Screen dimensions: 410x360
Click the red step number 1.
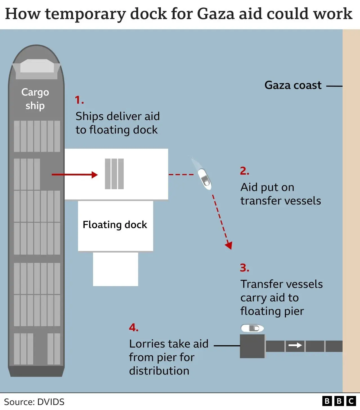[x=79, y=100]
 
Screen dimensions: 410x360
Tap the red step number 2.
[x=244, y=171]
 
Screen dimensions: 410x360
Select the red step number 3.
[x=244, y=268]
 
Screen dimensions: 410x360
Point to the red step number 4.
[x=134, y=328]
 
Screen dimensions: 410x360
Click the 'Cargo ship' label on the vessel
[x=35, y=99]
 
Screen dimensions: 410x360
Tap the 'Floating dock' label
[x=115, y=225]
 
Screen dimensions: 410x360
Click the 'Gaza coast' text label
[x=293, y=85]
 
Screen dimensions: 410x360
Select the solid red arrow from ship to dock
[x=75, y=175]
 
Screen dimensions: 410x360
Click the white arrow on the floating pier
[x=295, y=346]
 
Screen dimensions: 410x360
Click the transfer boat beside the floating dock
[x=204, y=179]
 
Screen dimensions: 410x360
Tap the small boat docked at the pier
[x=252, y=328]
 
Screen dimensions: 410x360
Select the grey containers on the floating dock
[x=114, y=174]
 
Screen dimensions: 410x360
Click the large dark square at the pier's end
[x=252, y=346]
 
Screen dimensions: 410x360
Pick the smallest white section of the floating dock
[x=116, y=269]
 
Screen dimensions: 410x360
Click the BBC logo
[x=339, y=401]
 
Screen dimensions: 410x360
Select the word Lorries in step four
[x=147, y=344]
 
